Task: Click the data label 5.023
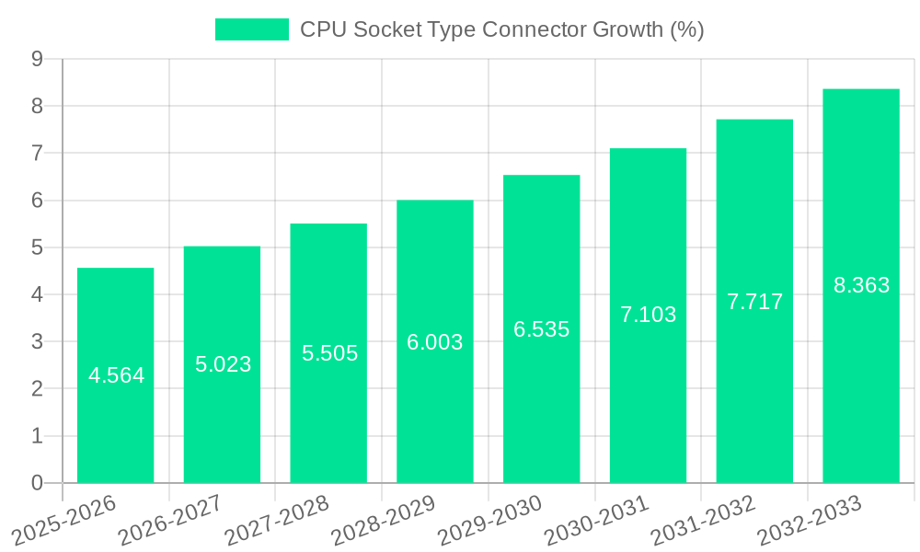pos(223,364)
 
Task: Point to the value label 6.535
pos(541,329)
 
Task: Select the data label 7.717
pos(754,301)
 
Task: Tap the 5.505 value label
pos(329,353)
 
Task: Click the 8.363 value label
pos(861,285)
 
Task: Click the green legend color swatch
pos(251,29)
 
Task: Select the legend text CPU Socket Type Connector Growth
pos(502,29)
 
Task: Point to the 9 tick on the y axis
pos(37,59)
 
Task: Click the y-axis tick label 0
pos(37,483)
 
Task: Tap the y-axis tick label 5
pos(37,247)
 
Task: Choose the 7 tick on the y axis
pos(37,153)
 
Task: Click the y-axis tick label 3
pos(37,341)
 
